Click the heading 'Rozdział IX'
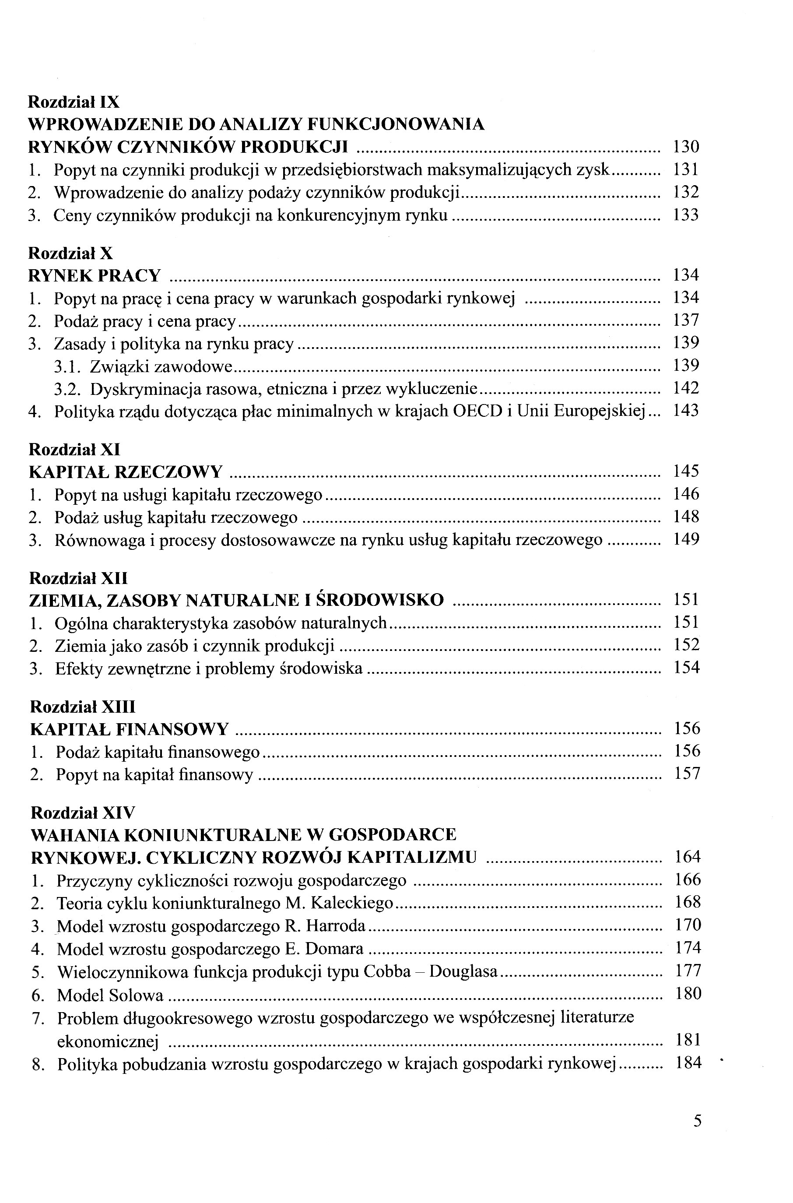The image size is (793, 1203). (x=74, y=102)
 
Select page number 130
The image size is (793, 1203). (x=686, y=147)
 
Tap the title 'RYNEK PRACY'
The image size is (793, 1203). (x=95, y=276)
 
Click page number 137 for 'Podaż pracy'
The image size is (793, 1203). (x=686, y=320)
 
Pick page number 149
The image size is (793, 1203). (x=686, y=539)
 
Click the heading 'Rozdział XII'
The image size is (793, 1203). (x=78, y=578)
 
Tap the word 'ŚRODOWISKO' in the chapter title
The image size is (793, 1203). (x=380, y=600)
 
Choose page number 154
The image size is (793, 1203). (x=687, y=668)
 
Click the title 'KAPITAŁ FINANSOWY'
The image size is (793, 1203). (x=130, y=729)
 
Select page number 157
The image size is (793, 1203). (x=687, y=774)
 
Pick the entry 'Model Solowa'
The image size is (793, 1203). (x=110, y=995)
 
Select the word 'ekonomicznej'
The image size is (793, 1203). (x=108, y=1041)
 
